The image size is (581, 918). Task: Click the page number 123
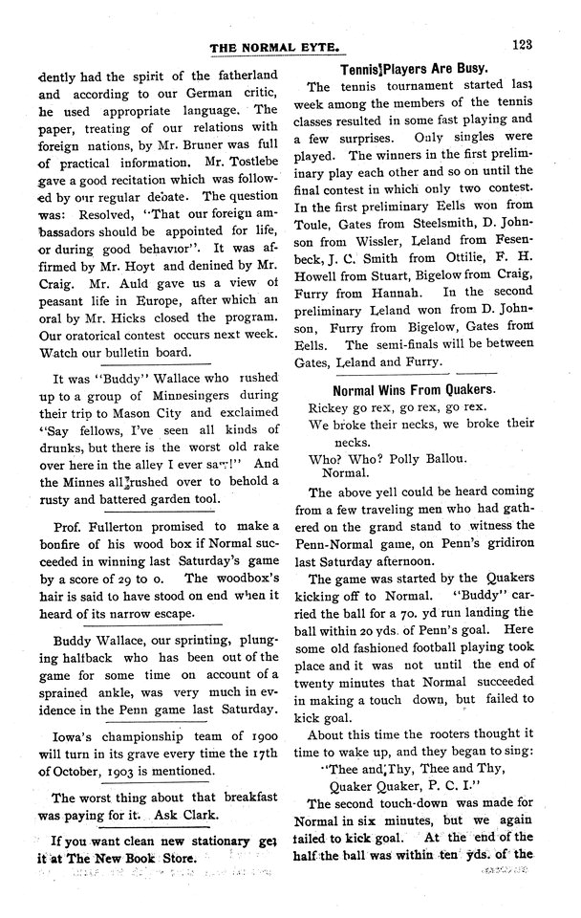point(522,44)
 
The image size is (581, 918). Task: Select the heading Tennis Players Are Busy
point(414,69)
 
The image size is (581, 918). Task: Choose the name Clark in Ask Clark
point(204,815)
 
